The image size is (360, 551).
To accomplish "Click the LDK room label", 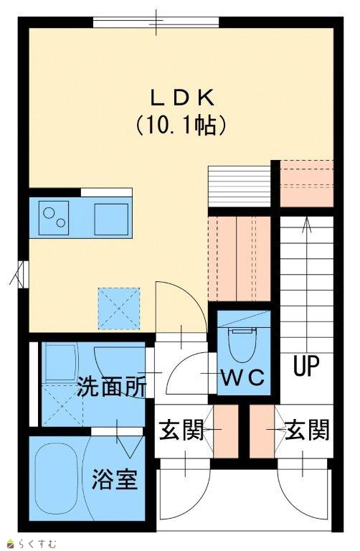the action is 183,98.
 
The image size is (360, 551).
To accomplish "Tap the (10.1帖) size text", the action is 181,126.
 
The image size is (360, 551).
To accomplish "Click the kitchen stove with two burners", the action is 53,218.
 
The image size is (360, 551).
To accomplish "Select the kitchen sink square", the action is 111,217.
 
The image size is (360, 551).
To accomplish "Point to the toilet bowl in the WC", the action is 242,344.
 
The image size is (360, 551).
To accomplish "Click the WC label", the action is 242,378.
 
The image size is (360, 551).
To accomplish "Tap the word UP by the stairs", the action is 307,366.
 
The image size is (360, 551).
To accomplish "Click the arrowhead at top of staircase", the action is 307,224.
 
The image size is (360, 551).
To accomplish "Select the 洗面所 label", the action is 111,387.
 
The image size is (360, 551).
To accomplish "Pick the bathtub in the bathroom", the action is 57,479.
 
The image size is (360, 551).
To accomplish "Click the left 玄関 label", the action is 181,430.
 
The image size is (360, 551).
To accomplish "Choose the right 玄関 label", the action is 307,430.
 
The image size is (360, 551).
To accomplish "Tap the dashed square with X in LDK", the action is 119,309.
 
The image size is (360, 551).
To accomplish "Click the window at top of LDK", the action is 156,22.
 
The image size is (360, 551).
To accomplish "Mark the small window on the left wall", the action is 23,274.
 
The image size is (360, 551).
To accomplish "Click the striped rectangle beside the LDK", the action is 240,187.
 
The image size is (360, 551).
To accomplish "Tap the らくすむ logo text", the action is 38,545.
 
